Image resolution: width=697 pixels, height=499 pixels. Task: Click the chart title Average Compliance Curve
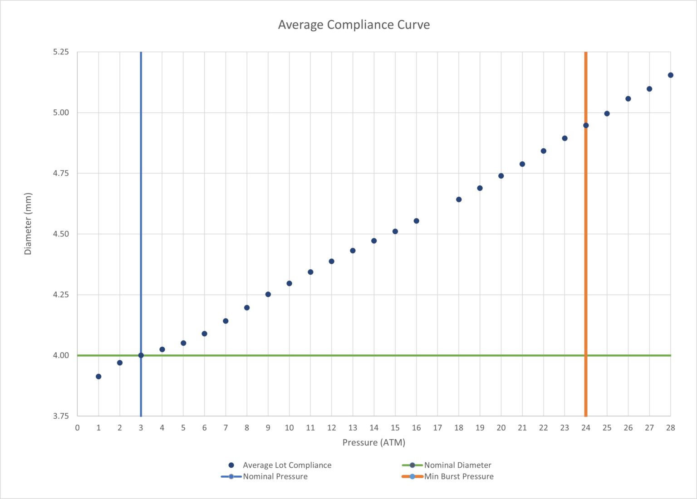353,24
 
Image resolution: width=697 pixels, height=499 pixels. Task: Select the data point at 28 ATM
670,75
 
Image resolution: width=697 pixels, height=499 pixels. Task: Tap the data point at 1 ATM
98,377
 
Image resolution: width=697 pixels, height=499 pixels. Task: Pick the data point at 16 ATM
416,221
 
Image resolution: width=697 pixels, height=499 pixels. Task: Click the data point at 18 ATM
459,199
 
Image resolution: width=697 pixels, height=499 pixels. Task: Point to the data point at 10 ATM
289,284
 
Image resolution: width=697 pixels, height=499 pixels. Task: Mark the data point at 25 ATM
607,114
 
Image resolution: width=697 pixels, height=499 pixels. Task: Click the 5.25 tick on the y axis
61,52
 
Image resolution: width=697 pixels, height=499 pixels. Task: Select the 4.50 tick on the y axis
61,234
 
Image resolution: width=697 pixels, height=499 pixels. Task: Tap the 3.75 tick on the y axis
61,416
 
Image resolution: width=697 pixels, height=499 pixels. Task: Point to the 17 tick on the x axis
437,428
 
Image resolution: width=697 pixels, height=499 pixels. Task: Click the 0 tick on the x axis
77,428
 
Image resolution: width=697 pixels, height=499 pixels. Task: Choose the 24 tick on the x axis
586,428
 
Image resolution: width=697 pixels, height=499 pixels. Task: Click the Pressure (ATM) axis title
373,442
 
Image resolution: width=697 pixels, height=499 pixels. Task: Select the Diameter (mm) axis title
28,224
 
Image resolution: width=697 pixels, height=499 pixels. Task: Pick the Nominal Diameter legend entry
457,465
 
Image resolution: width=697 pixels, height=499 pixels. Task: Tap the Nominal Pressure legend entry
275,476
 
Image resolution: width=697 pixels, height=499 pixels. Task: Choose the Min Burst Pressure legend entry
459,476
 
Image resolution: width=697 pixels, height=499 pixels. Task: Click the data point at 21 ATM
522,164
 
